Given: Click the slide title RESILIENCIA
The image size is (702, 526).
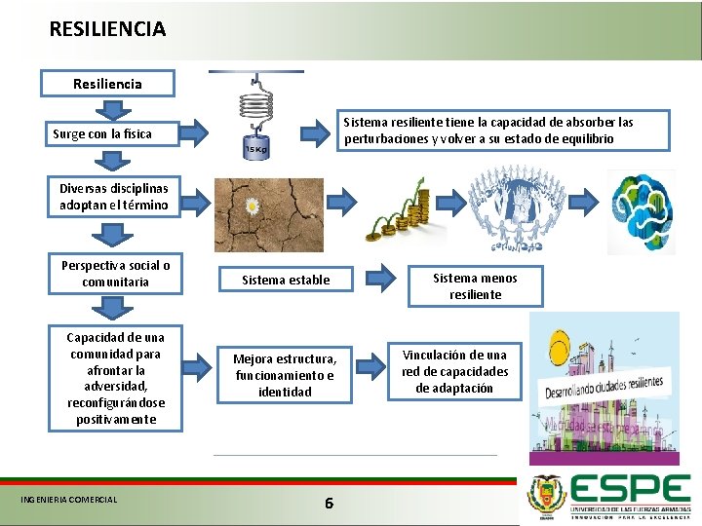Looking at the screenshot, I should point(107,29).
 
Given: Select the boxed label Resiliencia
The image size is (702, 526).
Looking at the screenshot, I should point(107,84).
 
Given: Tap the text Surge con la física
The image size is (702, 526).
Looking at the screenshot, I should point(102,133).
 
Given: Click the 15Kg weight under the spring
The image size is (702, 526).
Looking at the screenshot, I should point(255,148).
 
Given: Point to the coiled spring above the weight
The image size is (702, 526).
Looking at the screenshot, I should point(255,107).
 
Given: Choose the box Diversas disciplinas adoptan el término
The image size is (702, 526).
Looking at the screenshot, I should point(113,196).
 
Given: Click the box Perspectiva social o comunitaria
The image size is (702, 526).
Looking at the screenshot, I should point(115,274).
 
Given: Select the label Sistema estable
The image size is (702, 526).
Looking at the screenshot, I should point(286,281).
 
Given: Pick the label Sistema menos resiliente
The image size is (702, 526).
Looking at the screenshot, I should point(475,285).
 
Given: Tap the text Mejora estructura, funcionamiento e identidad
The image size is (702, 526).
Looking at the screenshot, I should point(285,375).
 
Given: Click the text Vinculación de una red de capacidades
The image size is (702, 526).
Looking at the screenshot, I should point(454,370).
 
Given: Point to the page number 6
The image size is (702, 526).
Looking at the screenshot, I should point(329,503).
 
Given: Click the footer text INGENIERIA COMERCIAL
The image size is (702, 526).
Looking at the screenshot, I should point(68,501).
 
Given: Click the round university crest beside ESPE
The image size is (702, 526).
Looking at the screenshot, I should point(545,495).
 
